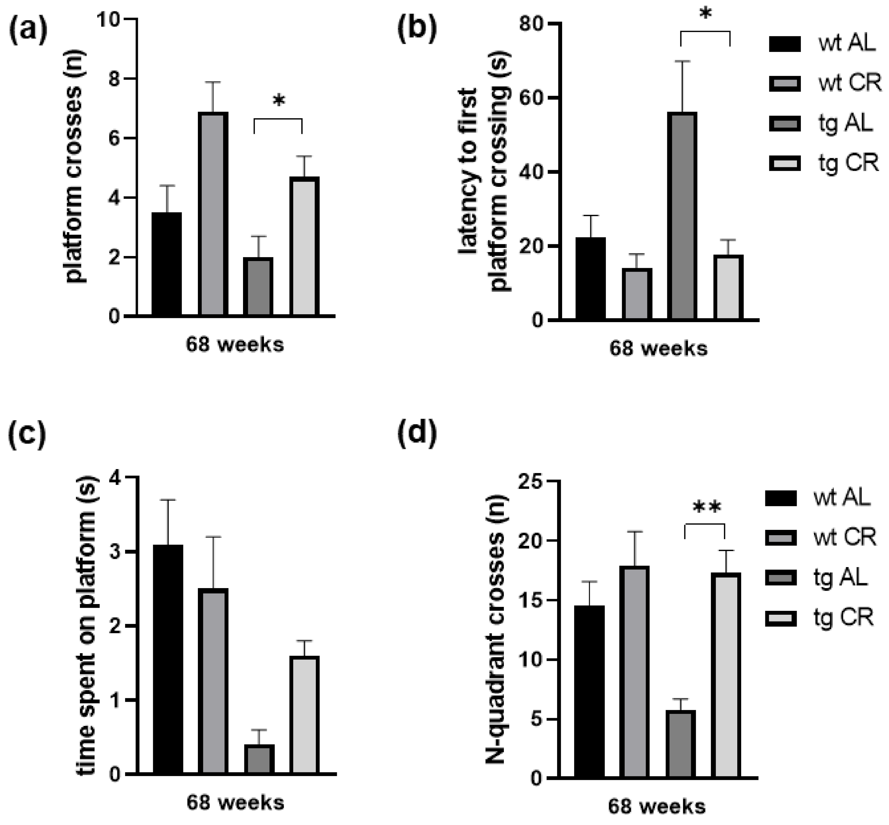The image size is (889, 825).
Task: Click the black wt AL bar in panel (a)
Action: pos(167,264)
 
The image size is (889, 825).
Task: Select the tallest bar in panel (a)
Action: pos(213,214)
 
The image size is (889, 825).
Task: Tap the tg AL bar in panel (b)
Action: pos(682,217)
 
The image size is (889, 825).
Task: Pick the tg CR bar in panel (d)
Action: pos(726,675)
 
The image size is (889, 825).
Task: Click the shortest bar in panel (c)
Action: pos(259,759)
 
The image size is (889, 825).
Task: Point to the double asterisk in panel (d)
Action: pos(707,507)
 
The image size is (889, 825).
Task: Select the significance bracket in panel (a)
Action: pos(278,120)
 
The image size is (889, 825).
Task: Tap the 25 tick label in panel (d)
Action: pos(530,481)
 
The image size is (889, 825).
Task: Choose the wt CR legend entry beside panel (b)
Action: pos(825,83)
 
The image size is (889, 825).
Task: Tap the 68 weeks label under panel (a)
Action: pos(235,344)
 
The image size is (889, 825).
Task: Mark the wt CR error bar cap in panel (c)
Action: pos(213,537)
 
